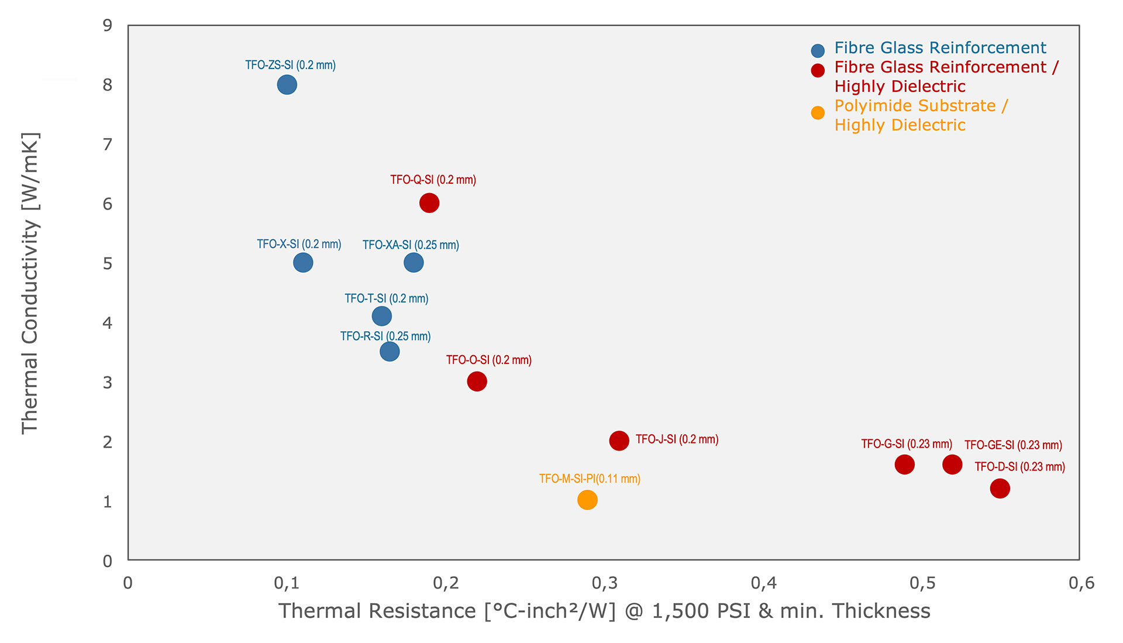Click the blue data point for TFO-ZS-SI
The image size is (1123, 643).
[x=287, y=85]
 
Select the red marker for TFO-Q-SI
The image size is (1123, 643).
[x=429, y=203]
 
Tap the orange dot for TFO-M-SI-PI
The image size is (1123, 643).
[x=587, y=500]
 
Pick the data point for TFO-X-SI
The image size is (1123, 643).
[x=303, y=262]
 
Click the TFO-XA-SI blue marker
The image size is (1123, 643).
[x=414, y=263]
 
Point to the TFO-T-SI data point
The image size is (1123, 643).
[x=381, y=316]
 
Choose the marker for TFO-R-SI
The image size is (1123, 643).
[x=390, y=352]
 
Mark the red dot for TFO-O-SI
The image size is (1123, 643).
[x=477, y=381]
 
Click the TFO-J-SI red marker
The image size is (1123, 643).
[x=619, y=441]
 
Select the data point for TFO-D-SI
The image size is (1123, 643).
[x=1000, y=488]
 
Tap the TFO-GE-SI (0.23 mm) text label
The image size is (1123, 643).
[x=1013, y=445]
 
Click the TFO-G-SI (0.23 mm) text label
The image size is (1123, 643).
[x=906, y=444]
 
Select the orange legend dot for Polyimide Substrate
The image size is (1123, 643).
[x=818, y=113]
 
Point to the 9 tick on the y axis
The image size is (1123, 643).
[x=108, y=25]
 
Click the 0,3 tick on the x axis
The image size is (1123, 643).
[x=605, y=583]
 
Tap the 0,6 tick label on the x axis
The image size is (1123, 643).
[x=1081, y=583]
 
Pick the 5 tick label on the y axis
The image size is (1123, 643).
[x=108, y=263]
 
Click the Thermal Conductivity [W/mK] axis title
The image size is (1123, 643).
[x=30, y=283]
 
